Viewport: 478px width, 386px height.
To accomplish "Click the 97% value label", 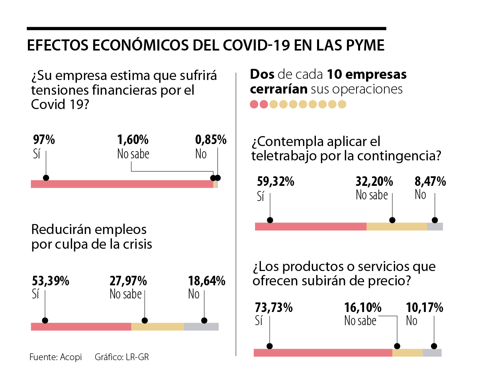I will click(x=43, y=140).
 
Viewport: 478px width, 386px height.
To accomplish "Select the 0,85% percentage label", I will click(x=211, y=140).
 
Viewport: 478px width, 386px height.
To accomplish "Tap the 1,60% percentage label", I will click(x=133, y=140).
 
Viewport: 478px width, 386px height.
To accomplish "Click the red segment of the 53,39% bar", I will click(x=81, y=327).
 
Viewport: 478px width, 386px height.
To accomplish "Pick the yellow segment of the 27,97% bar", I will click(x=157, y=327).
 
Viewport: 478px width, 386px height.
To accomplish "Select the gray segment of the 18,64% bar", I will click(x=201, y=327).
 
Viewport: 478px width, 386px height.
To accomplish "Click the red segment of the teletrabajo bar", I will click(x=310, y=226).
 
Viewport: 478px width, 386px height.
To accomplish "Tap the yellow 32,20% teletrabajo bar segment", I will click(x=396, y=226).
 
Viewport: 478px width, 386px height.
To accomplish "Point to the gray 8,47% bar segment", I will click(x=435, y=226).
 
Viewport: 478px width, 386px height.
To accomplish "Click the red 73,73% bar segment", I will click(x=323, y=353).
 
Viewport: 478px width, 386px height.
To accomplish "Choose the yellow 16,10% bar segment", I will click(x=407, y=353).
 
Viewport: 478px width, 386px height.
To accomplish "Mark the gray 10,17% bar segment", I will click(x=432, y=353).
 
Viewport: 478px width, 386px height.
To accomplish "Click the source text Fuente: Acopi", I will click(x=55, y=357).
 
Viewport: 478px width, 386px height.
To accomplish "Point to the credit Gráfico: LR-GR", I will click(x=121, y=357).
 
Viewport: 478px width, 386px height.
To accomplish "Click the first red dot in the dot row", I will click(x=254, y=104).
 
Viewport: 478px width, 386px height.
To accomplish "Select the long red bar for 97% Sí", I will click(x=122, y=184).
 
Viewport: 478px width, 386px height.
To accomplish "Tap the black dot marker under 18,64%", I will click(x=204, y=320).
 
